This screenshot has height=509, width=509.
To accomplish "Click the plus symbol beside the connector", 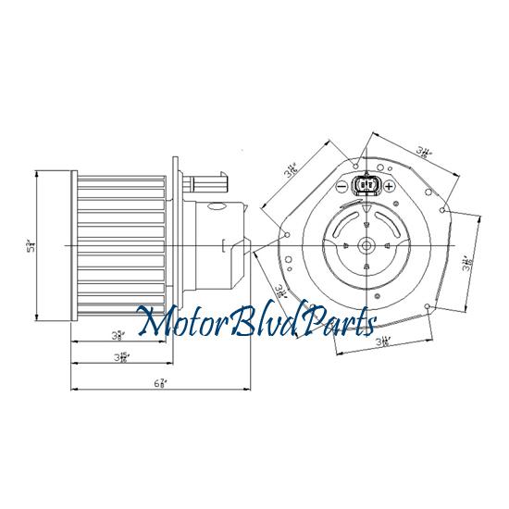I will [x=390, y=186].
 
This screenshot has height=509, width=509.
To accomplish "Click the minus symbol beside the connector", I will [x=341, y=186].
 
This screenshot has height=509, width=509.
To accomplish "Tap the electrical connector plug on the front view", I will [x=366, y=186].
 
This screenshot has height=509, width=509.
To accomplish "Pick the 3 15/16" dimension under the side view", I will [x=121, y=357].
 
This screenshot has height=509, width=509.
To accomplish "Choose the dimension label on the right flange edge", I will [x=469, y=262].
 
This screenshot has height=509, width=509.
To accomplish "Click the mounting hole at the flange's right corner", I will [x=446, y=215].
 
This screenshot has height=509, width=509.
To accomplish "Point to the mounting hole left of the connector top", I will [x=356, y=166].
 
